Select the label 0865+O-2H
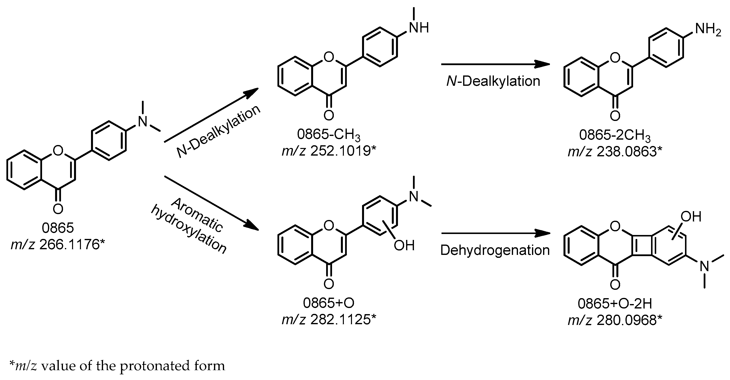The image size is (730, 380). tap(615, 304)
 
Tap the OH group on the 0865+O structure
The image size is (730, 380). tap(404, 245)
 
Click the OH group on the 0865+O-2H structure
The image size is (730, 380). tap(691, 217)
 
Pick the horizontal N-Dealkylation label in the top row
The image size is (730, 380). tap(493, 81)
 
